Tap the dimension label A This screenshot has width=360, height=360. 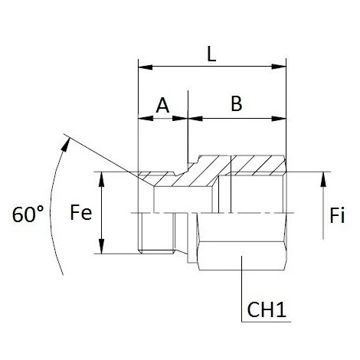coord(162,106)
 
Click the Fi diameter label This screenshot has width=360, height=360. coord(335,216)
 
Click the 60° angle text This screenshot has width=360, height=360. coord(29,215)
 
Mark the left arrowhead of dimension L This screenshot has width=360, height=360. coord(142,67)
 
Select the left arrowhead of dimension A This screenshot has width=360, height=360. coord(142,119)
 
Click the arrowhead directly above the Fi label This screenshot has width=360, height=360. coord(323,178)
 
